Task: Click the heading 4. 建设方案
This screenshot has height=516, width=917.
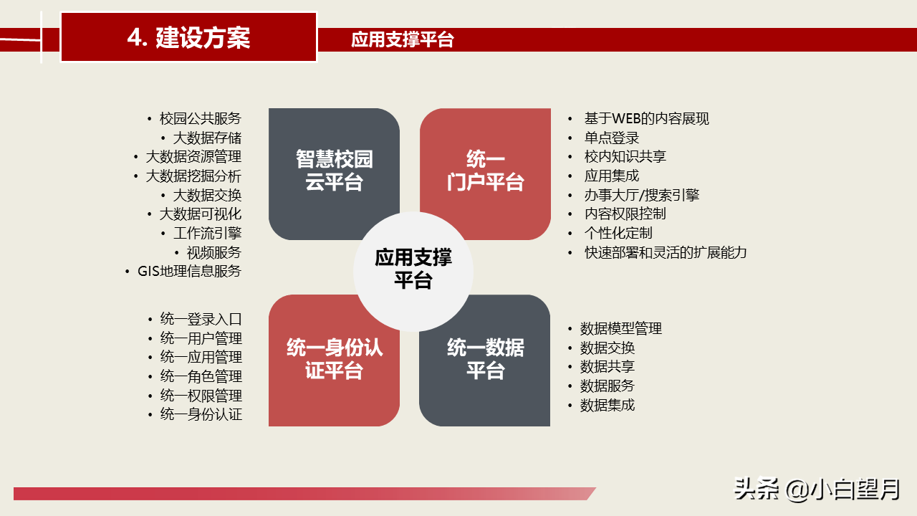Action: click(x=188, y=37)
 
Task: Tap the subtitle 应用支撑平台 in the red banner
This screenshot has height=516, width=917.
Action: click(x=403, y=40)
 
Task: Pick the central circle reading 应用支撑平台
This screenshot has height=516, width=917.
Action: click(x=413, y=269)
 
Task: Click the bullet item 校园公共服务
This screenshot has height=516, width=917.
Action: click(x=200, y=119)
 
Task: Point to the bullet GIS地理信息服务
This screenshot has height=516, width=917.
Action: click(x=189, y=272)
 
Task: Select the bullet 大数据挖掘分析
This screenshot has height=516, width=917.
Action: click(x=193, y=176)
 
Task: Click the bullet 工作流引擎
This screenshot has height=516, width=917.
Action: click(x=207, y=234)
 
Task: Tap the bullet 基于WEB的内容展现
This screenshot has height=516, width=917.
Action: click(x=646, y=119)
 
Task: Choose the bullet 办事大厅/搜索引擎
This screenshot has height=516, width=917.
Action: click(x=641, y=195)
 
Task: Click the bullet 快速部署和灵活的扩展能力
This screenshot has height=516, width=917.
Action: click(x=665, y=252)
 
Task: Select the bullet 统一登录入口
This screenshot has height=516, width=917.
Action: click(x=201, y=320)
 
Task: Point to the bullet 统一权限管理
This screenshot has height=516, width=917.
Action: click(x=201, y=396)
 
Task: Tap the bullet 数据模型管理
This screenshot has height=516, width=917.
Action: click(x=620, y=329)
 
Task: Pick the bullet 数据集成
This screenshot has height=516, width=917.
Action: click(x=607, y=405)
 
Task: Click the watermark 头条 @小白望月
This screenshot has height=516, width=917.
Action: click(x=816, y=489)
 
